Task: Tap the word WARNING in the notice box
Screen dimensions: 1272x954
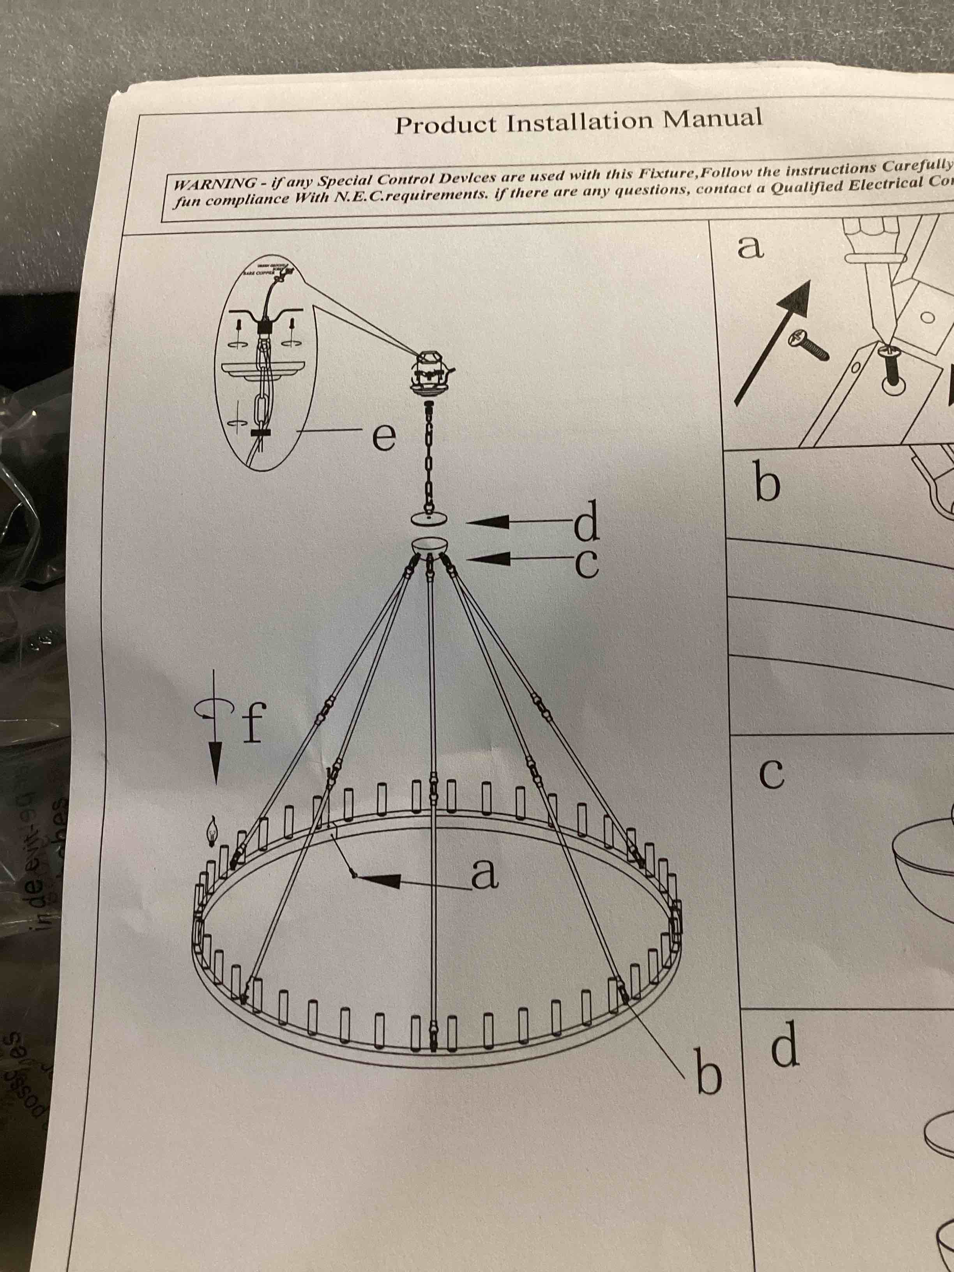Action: (215, 184)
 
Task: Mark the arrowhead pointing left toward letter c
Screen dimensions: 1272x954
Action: (492, 558)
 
